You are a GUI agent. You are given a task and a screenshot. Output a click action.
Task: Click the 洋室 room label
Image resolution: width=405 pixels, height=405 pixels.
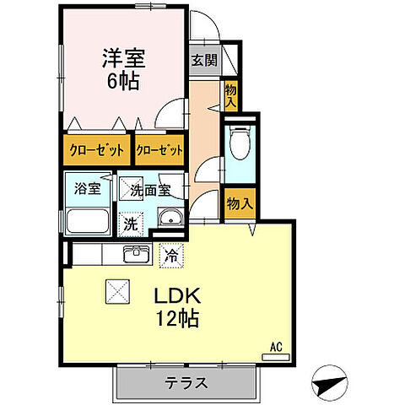coord(125,59)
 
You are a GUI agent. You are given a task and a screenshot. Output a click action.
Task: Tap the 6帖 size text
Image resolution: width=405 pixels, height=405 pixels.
coord(123,82)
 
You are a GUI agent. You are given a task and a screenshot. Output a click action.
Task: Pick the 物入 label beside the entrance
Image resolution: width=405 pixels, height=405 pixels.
coord(229,95)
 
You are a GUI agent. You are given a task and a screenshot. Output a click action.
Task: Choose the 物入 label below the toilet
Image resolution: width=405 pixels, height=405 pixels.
coord(240,202)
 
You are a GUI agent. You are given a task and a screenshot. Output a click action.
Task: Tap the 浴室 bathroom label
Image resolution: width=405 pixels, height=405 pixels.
coord(88,189)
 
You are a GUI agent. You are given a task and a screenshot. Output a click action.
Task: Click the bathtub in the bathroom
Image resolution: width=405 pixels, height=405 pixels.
coord(88,223)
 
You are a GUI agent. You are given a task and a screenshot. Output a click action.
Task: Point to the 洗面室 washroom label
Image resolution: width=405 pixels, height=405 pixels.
coord(151,191)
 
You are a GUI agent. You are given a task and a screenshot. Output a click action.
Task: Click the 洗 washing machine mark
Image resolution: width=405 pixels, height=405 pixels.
coord(131,224)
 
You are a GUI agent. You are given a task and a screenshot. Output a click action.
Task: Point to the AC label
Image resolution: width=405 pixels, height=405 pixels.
coord(275,347)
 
